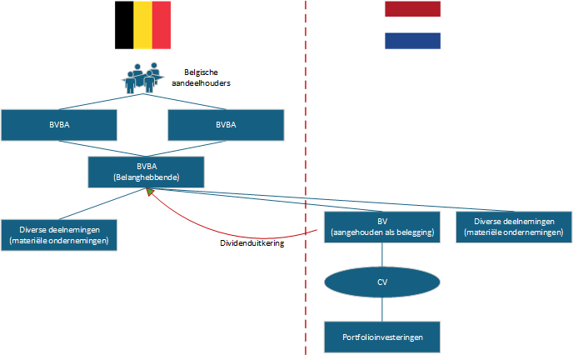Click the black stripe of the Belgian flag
(123, 25)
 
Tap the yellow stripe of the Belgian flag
(142, 25)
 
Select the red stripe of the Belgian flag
(162, 25)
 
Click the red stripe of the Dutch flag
(412, 9)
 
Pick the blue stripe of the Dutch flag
(412, 41)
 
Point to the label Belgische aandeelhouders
(207, 77)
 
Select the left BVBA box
(58, 124)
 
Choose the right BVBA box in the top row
(226, 124)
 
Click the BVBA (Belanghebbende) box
(146, 171)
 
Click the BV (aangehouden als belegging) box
(382, 227)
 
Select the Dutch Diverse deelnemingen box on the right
(514, 227)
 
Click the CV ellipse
(382, 281)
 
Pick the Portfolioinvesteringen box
(382, 337)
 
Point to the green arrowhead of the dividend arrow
(149, 192)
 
